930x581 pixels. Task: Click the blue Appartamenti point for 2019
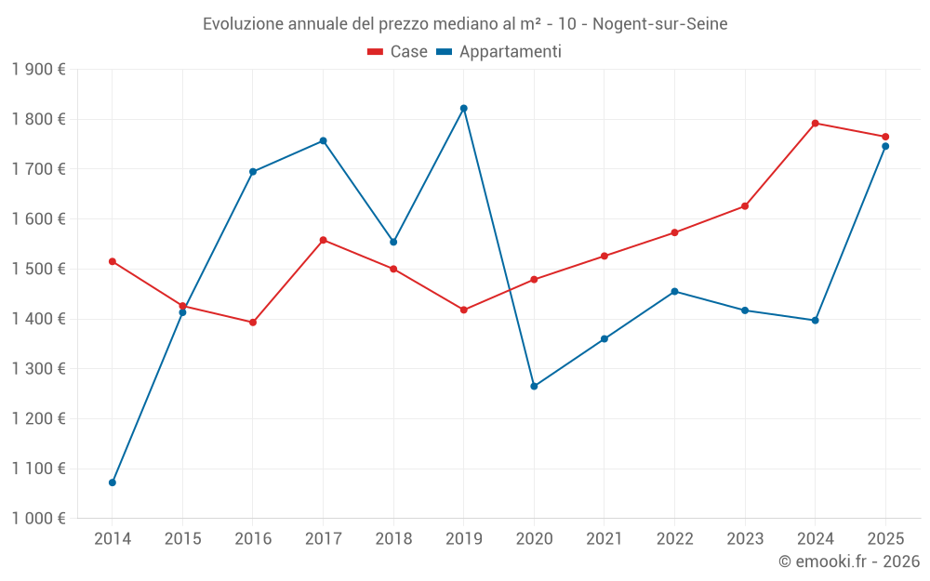[x=464, y=109]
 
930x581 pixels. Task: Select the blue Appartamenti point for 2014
[x=113, y=482]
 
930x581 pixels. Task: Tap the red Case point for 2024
[x=816, y=123]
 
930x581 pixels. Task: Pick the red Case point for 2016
[x=253, y=323]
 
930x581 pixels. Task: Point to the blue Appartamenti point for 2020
[x=534, y=386]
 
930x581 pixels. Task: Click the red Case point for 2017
[x=324, y=240]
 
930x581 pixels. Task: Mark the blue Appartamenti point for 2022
[x=674, y=291]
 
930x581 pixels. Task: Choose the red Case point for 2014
[x=113, y=261]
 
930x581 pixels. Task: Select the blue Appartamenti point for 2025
[x=885, y=146]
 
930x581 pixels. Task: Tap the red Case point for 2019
[x=464, y=310]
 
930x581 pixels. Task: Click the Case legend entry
[x=398, y=52]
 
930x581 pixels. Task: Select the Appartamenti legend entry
[x=499, y=52]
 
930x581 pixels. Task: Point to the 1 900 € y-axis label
[x=38, y=69]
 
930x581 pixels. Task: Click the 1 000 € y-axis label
[x=38, y=519]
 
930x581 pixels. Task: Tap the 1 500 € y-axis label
[x=38, y=269]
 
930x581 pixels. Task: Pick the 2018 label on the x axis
[x=393, y=538]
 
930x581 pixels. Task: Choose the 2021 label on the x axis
[x=604, y=538]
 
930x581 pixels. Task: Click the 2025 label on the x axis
[x=885, y=538]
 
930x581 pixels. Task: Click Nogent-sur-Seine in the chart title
[x=659, y=23]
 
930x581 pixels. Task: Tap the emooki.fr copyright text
[x=848, y=561]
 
